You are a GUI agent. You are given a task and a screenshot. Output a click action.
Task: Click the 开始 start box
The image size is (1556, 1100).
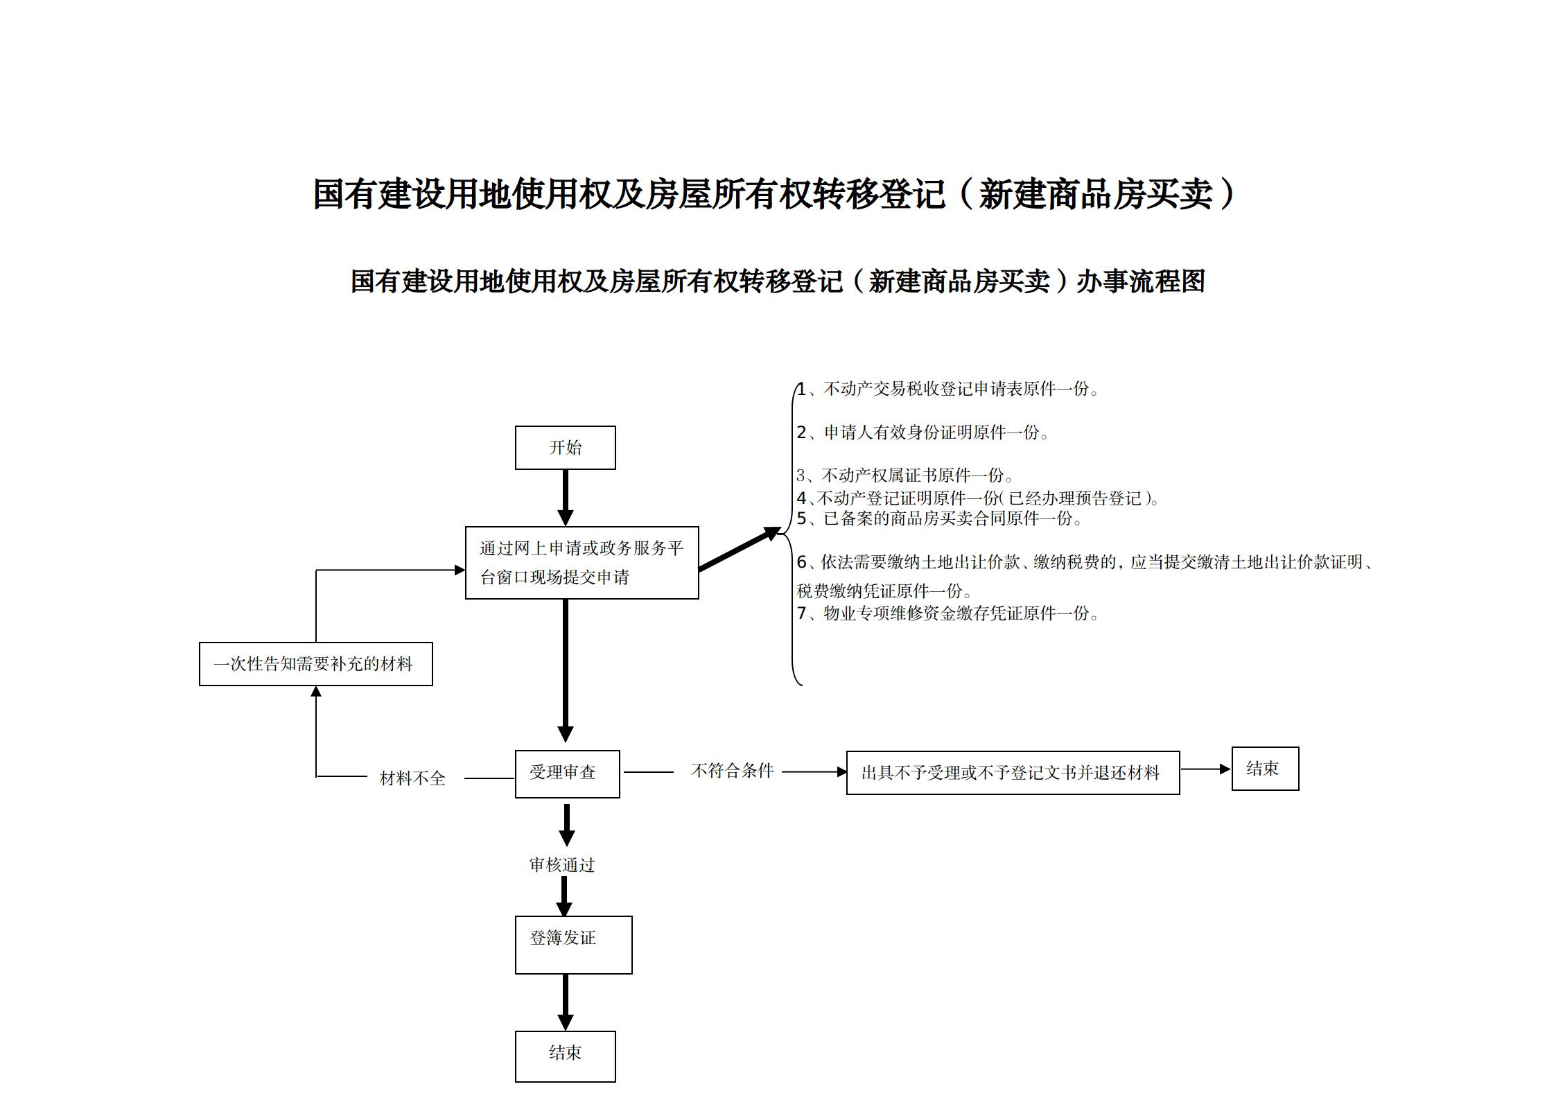pos(565,448)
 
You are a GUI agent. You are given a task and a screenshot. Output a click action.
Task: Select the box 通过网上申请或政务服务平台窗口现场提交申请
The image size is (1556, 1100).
pos(582,562)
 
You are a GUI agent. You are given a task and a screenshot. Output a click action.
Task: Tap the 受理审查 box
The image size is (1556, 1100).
pos(567,774)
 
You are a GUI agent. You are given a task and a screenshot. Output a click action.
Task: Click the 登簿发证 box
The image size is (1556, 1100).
pos(573,944)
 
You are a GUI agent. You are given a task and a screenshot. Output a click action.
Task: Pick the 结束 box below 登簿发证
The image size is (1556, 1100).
pos(565,1056)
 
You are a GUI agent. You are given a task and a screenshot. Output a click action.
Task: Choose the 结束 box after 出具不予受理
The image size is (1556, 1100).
pos(1265,768)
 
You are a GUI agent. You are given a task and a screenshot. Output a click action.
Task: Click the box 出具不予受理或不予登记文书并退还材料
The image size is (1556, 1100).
pos(1013,772)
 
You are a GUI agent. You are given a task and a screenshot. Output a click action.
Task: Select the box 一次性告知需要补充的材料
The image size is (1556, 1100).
pos(315,664)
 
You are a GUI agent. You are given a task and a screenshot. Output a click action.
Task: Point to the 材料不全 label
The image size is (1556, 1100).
pos(412,778)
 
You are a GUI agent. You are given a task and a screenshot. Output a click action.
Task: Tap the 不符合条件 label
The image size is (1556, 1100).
pos(732,771)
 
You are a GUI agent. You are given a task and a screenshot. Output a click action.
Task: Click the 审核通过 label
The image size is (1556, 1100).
pos(562,865)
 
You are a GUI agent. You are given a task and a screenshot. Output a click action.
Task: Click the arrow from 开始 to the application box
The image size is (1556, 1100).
pos(566,498)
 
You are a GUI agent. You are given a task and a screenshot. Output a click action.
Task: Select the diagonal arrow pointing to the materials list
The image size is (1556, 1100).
pos(739,549)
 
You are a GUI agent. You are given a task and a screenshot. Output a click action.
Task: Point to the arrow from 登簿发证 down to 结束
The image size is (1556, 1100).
pos(566,1002)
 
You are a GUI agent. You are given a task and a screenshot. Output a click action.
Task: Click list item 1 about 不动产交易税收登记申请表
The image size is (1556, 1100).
pos(947,390)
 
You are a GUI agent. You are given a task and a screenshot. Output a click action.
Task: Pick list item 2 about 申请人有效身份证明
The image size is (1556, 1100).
pos(923,433)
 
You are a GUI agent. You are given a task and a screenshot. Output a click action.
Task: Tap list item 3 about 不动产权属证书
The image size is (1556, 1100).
pos(904,475)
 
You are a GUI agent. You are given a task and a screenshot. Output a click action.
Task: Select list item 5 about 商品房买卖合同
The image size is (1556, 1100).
pos(939,518)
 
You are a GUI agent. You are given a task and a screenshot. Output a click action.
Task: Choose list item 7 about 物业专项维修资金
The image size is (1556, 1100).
pos(947,613)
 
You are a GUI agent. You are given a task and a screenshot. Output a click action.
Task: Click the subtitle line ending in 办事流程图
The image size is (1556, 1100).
pos(778,281)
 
